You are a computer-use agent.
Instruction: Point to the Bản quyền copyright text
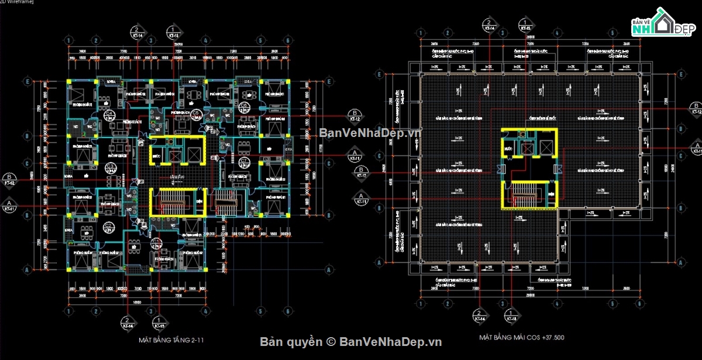pyautogui.click(x=351, y=342)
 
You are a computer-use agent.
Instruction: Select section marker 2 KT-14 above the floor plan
pyautogui.click(x=136, y=32)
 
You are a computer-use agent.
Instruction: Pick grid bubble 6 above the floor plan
pyautogui.click(x=288, y=40)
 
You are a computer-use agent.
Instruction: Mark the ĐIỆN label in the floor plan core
pyautogui.click(x=198, y=201)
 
